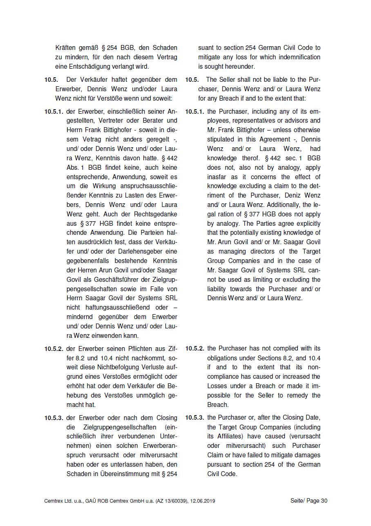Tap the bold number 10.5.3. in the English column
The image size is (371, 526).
pos(194,418)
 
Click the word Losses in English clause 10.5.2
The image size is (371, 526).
pos(217,386)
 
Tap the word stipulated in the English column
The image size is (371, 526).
pos(221,139)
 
